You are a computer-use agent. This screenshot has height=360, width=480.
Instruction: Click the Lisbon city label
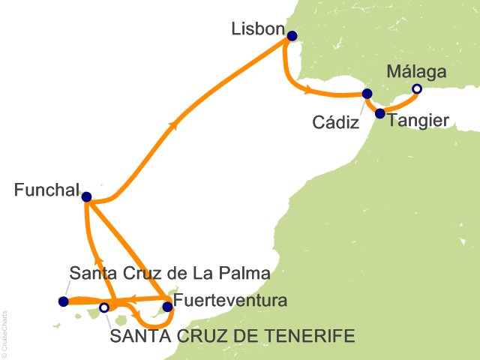(259, 30)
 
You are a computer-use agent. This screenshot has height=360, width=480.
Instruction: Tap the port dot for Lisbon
(292, 36)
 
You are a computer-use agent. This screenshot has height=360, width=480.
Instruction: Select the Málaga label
(416, 72)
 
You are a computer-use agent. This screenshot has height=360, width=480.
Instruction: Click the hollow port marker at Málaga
(417, 90)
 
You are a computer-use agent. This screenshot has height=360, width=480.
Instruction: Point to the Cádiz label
(334, 123)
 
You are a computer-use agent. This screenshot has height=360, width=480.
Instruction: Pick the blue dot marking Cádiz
(367, 94)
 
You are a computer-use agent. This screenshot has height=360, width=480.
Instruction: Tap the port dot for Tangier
(379, 114)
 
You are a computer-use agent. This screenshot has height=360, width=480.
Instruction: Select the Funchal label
(46, 192)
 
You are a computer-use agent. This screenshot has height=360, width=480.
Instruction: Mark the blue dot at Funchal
(86, 197)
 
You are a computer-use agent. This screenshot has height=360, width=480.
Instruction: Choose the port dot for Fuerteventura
(167, 306)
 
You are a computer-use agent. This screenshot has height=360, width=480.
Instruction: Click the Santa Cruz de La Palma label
(169, 272)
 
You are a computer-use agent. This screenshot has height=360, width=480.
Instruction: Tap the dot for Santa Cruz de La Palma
(63, 301)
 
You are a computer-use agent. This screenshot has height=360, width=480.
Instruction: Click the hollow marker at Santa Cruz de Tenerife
(104, 307)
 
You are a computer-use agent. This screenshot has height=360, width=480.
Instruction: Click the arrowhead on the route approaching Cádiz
(308, 91)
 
